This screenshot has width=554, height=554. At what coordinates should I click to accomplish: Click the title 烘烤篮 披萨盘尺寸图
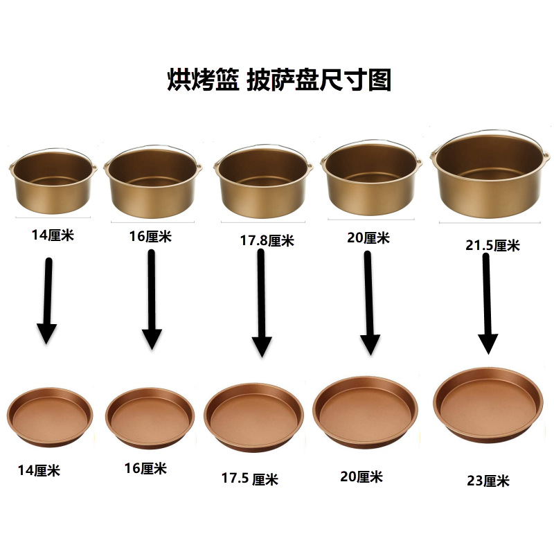(279, 80)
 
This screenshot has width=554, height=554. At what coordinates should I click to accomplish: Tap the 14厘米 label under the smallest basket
(53, 235)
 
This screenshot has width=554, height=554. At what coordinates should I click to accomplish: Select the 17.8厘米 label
(267, 240)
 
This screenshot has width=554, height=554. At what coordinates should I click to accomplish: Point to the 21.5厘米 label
(492, 245)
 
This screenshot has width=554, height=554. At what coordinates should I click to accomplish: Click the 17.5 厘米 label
(250, 479)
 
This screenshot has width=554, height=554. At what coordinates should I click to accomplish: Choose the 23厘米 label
(488, 481)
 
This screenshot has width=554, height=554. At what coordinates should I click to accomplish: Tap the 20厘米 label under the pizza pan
(361, 476)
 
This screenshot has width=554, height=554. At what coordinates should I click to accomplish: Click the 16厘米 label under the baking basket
(150, 236)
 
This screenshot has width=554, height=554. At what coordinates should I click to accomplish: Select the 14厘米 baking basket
(53, 181)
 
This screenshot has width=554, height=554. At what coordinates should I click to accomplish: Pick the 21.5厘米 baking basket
(490, 175)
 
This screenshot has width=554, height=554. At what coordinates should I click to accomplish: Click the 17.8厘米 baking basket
(263, 181)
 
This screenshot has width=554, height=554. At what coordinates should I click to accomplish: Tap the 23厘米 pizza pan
(488, 405)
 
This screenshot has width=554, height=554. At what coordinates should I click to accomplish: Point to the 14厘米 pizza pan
(50, 418)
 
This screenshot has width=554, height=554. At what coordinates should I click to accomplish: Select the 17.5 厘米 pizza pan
(253, 418)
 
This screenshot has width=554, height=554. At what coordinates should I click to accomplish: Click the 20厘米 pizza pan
(366, 412)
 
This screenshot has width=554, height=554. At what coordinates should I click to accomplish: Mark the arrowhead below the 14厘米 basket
(46, 333)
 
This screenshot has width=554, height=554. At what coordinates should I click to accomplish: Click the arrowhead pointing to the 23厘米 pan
(488, 343)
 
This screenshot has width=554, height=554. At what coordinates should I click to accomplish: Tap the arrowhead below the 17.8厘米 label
(262, 347)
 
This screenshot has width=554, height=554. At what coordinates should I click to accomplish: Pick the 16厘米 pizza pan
(150, 418)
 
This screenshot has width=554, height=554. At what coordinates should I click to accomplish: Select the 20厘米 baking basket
(371, 177)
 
